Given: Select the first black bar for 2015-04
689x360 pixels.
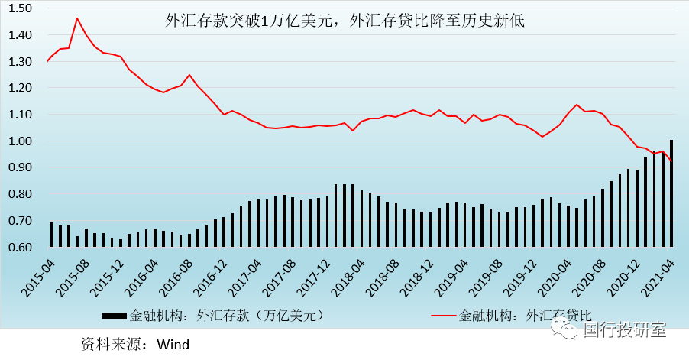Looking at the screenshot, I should (x=52, y=234).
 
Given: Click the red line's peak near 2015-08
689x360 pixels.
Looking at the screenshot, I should (x=77, y=18).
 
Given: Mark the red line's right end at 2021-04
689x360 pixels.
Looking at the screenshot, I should (x=671, y=161).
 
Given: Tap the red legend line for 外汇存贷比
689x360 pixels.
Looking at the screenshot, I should (x=444, y=314).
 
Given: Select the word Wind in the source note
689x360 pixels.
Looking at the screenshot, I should (x=173, y=344).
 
